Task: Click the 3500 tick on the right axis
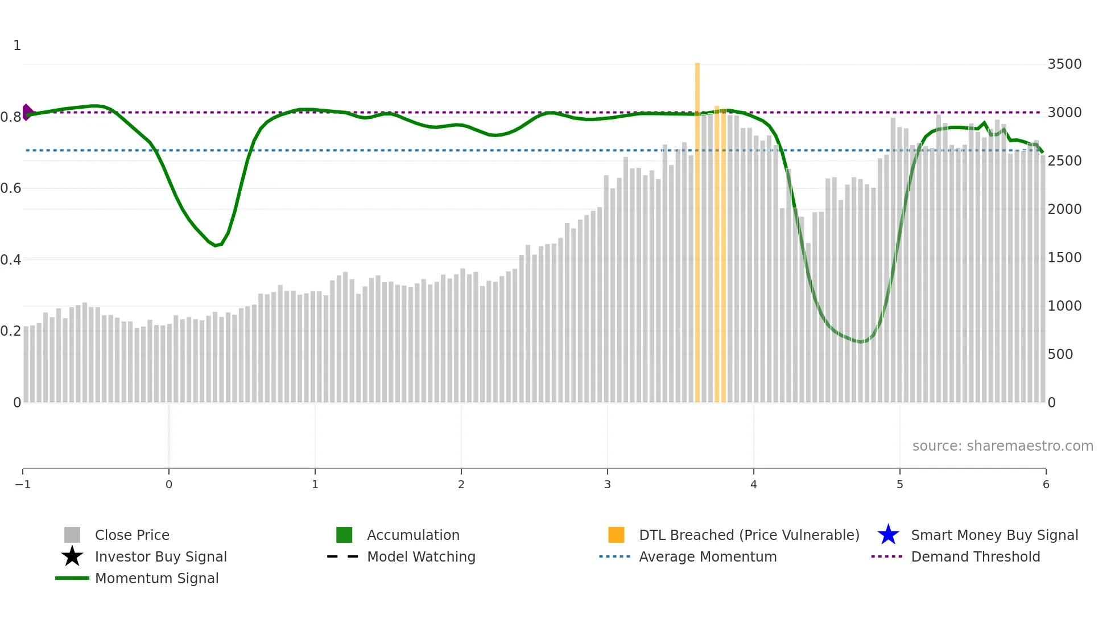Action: pyautogui.click(x=1064, y=64)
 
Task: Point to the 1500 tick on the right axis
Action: pyautogui.click(x=1064, y=258)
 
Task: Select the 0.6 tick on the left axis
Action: pyautogui.click(x=11, y=188)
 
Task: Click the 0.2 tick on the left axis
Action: pyautogui.click(x=11, y=331)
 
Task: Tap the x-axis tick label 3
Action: pyautogui.click(x=608, y=485)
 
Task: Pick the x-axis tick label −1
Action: pyautogui.click(x=23, y=485)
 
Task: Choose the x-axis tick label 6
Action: pyautogui.click(x=1046, y=485)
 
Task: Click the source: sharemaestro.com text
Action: pyautogui.click(x=1002, y=446)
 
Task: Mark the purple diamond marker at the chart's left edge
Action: pyautogui.click(x=27, y=112)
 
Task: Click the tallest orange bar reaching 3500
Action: pyautogui.click(x=697, y=228)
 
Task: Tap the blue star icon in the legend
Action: pyautogui.click(x=888, y=535)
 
